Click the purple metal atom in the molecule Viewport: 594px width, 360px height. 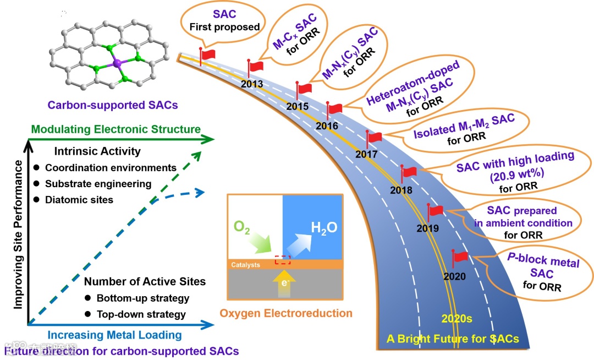(117, 64)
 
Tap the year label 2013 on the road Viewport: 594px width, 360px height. (252, 84)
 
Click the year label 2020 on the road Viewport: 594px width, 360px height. (454, 276)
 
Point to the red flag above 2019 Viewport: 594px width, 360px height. (436, 211)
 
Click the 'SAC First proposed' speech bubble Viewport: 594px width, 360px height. (225, 21)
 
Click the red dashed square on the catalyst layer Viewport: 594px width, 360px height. (282, 259)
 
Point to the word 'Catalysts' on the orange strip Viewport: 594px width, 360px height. (245, 265)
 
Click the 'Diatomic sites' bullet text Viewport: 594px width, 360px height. (79, 200)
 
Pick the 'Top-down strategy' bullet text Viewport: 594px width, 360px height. (141, 314)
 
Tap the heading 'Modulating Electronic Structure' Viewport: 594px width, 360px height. (116, 129)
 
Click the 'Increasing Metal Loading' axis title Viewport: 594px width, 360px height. (114, 335)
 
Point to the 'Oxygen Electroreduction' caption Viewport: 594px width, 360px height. (285, 314)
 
